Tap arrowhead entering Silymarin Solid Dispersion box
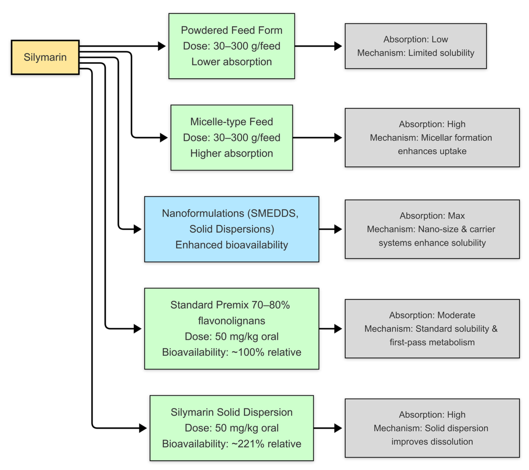[143, 428]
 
